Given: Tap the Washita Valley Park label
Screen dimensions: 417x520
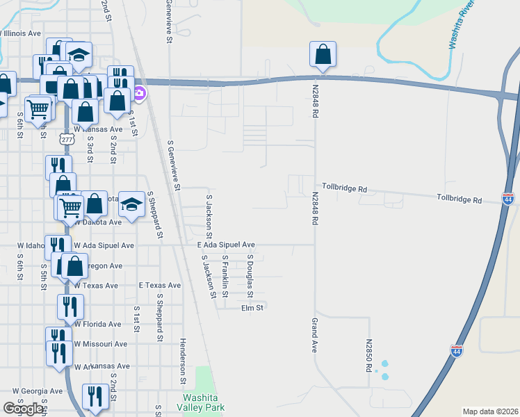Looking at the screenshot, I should pyautogui.click(x=202, y=402).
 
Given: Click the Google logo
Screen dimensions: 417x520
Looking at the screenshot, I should pyautogui.click(x=23, y=409).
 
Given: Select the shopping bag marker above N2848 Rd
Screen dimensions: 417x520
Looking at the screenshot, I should pyautogui.click(x=323, y=54).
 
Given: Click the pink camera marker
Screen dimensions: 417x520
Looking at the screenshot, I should pyautogui.click(x=139, y=93).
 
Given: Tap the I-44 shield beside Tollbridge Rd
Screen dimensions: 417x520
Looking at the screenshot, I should pyautogui.click(x=508, y=199).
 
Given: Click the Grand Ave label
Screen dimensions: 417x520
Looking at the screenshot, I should pyautogui.click(x=315, y=335).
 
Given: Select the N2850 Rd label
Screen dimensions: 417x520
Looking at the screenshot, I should pyautogui.click(x=368, y=355).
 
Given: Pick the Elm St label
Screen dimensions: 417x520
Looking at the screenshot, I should pyautogui.click(x=252, y=307).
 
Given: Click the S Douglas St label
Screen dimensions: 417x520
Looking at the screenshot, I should pyautogui.click(x=250, y=271).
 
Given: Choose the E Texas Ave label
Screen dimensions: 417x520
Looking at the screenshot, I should pyautogui.click(x=159, y=286).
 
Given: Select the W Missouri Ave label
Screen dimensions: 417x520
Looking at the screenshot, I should pyautogui.click(x=101, y=344).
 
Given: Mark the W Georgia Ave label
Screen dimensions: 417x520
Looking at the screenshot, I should pyautogui.click(x=38, y=391).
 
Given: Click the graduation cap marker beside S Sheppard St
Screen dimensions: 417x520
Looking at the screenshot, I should pyautogui.click(x=130, y=204).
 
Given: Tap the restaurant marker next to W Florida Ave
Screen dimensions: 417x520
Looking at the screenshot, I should pyautogui.click(x=70, y=306).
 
